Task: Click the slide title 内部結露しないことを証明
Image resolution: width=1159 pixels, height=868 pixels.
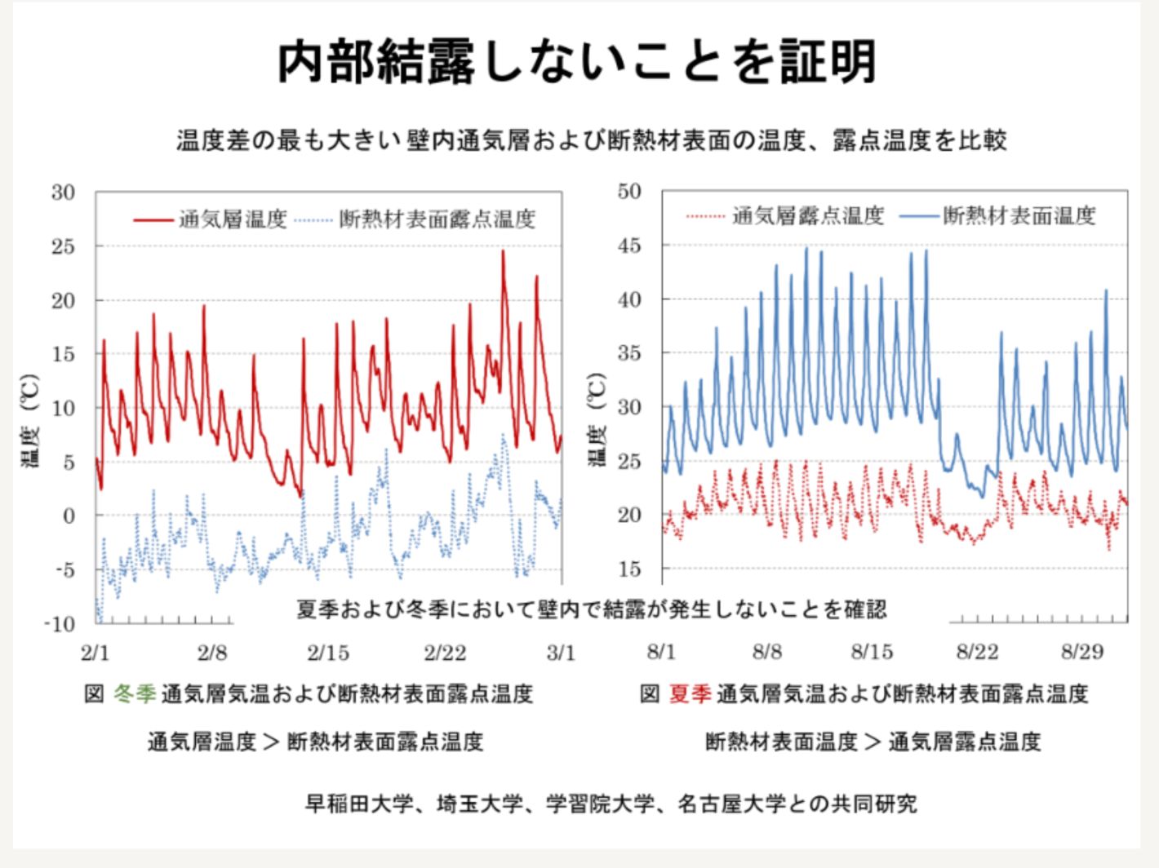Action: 577,62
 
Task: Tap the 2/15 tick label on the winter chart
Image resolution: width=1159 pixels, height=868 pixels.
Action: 328,653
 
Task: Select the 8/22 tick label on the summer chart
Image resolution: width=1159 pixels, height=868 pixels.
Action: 977,652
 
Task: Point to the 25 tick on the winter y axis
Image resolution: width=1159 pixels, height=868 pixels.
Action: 63,246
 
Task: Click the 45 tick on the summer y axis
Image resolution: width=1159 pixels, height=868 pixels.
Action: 629,246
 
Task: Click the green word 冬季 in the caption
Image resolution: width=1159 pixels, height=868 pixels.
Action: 135,694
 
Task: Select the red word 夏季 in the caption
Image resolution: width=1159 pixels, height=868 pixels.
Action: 690,694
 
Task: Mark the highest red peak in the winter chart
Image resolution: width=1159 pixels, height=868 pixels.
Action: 503,252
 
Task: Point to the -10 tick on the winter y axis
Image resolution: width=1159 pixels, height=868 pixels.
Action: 59,625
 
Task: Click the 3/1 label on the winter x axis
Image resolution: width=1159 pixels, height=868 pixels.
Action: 561,653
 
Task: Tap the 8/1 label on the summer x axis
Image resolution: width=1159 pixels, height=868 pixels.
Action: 661,652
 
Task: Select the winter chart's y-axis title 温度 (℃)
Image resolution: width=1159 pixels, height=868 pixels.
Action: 30,420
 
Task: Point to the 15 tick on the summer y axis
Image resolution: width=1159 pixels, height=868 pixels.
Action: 629,569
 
